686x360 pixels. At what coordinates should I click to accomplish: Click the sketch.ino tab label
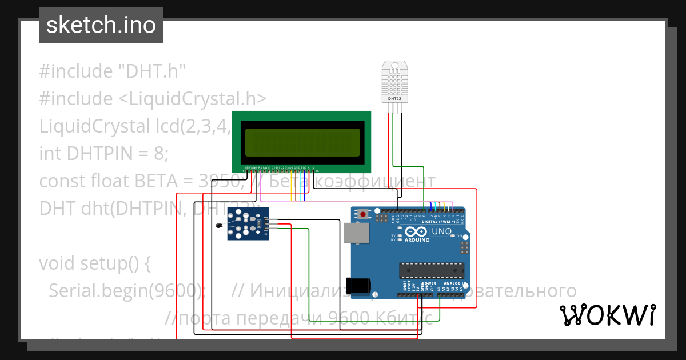pyautogui.click(x=101, y=25)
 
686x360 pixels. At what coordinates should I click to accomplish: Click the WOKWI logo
pyautogui.click(x=607, y=315)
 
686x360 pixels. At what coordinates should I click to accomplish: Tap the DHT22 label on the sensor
pyautogui.click(x=394, y=98)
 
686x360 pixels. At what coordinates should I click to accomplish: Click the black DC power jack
pyautogui.click(x=361, y=284)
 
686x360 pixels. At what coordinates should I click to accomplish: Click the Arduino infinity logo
pyautogui.click(x=417, y=231)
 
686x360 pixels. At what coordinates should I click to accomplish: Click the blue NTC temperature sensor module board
pyautogui.click(x=245, y=223)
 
